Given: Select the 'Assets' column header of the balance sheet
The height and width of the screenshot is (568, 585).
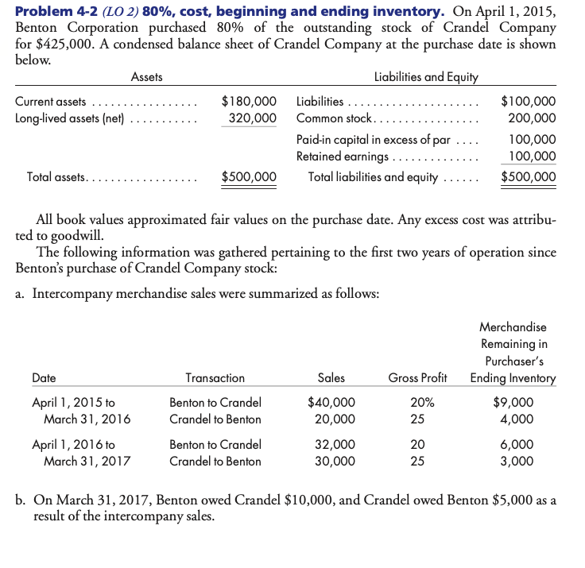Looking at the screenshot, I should pos(146,77).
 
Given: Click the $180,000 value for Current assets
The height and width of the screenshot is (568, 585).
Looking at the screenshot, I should pos(249,102).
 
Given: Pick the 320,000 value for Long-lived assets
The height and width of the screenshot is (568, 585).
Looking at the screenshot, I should pos(253,118).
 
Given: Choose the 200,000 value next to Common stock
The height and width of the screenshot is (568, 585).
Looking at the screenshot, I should pos(532,118).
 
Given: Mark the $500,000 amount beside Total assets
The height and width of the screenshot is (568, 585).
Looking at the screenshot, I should pos(249,176).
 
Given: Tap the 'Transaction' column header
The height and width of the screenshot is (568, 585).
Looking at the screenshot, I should pos(215,378).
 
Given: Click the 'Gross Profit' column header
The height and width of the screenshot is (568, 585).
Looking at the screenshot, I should pos(418,378).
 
